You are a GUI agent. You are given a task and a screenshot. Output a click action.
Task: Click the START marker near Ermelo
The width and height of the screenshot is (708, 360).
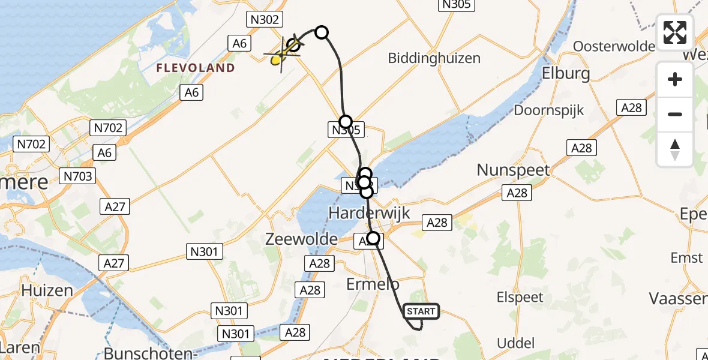tap(422, 311)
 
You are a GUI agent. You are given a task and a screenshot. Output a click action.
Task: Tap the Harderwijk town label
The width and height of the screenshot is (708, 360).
tap(370, 212)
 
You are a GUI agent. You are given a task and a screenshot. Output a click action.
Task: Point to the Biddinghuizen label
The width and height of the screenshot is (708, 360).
tap(434, 58)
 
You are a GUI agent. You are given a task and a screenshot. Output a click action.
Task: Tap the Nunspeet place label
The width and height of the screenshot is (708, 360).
tap(513, 170)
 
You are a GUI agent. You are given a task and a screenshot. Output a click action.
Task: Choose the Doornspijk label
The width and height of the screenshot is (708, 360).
tap(548, 110)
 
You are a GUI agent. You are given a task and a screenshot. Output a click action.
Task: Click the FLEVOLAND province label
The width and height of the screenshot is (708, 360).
tap(196, 68)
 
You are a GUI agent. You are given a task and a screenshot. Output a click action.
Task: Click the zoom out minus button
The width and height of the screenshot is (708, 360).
tap(675, 114)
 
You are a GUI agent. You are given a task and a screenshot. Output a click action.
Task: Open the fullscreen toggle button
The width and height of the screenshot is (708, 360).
tap(675, 32)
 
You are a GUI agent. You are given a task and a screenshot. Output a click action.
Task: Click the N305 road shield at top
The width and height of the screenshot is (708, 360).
tap(457, 5)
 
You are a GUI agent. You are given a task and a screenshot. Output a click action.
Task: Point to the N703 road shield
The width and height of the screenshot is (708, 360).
tap(77, 176)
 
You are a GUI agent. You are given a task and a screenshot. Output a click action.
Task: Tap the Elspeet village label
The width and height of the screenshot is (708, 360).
tap(520, 297)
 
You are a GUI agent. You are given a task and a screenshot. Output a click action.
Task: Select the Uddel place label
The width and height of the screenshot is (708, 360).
tap(516, 343)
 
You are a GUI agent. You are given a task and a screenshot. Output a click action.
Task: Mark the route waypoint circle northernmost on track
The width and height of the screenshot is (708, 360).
tap(322, 32)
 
